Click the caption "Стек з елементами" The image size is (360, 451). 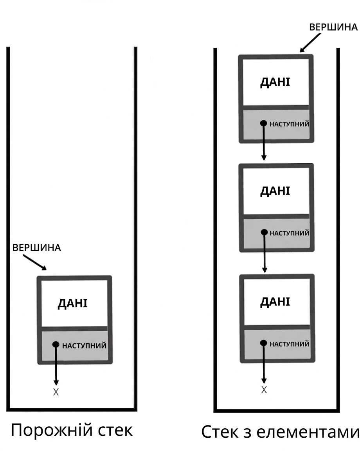pos(280,432)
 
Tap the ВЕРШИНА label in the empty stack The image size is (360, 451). pos(36,248)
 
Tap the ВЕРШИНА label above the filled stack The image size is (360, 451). pos(333,27)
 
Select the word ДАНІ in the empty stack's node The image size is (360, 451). pos(73,304)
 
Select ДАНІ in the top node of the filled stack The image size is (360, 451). pos(275,82)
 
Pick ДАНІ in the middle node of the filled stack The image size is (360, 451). pos(275,191)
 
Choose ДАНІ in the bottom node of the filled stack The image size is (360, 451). pos(275,302)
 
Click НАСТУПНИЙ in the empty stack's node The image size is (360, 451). pos(84,345)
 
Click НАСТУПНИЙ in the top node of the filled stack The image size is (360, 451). pos(289,124)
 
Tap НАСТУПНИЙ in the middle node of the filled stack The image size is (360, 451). pos(289,233)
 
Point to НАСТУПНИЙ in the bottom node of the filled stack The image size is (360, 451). pos(289,344)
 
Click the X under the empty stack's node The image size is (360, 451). pos(56,392)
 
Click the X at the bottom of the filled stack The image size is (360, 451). pos(264,390)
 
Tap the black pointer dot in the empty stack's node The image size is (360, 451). pos(56,345)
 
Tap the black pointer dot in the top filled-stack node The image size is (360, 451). pos(263,123)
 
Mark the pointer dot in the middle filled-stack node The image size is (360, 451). pos(264,232)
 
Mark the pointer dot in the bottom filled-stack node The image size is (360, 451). pos(263,343)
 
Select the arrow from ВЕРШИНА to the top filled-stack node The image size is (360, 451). pos(310,43)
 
